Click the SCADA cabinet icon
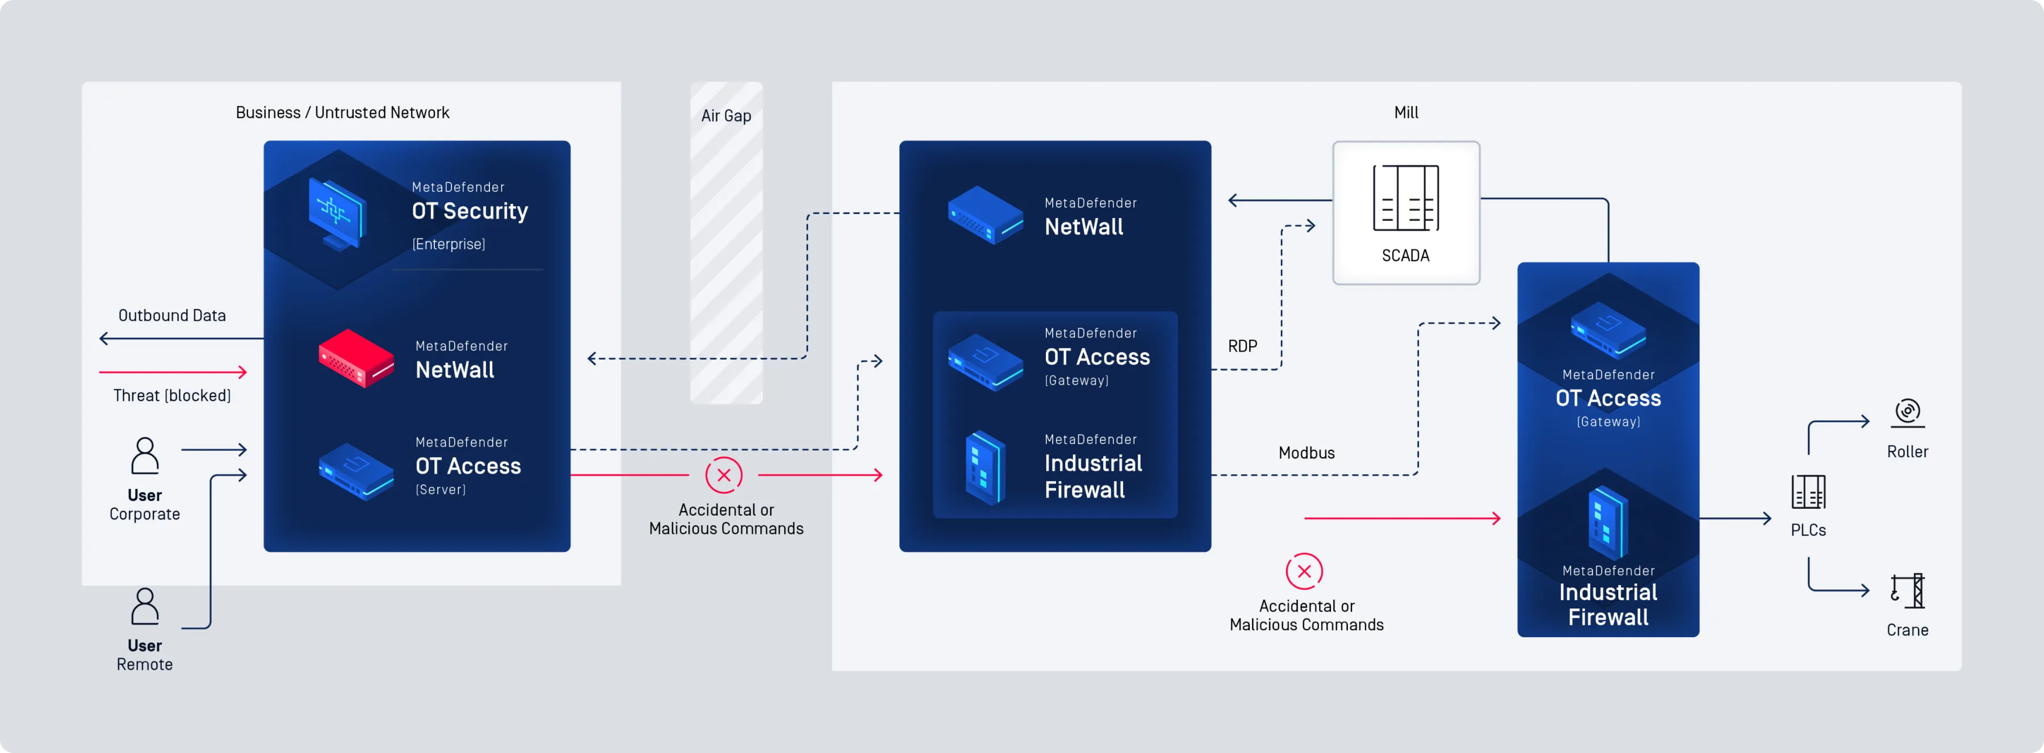coord(1405,198)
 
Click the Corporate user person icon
coord(144,456)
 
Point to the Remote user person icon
coord(144,607)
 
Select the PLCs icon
coord(1808,492)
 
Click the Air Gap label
coord(726,116)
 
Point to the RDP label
coord(1242,346)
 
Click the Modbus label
coord(1306,453)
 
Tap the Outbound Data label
coord(172,316)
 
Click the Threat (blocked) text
coord(172,396)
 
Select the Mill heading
coord(1406,112)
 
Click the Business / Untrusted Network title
coord(342,112)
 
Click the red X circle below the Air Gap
coord(724,475)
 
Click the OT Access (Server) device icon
coord(356,471)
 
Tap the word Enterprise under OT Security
coord(449,244)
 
